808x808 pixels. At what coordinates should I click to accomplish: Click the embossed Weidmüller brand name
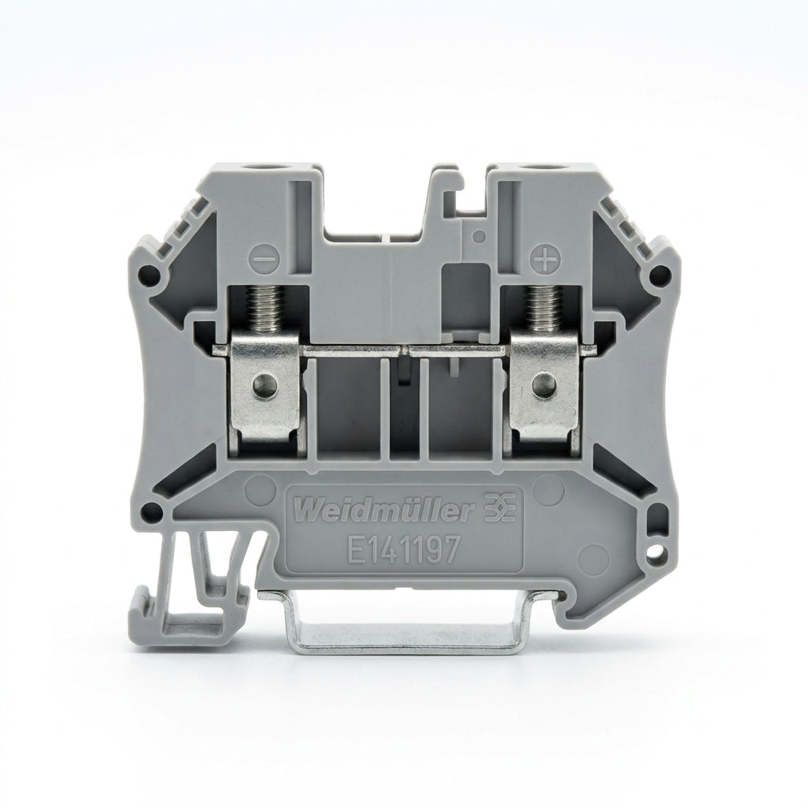click(385, 511)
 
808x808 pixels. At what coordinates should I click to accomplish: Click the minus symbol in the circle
click(265, 258)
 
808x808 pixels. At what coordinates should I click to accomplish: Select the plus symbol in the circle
click(544, 259)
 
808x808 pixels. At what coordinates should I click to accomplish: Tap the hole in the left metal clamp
click(264, 384)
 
